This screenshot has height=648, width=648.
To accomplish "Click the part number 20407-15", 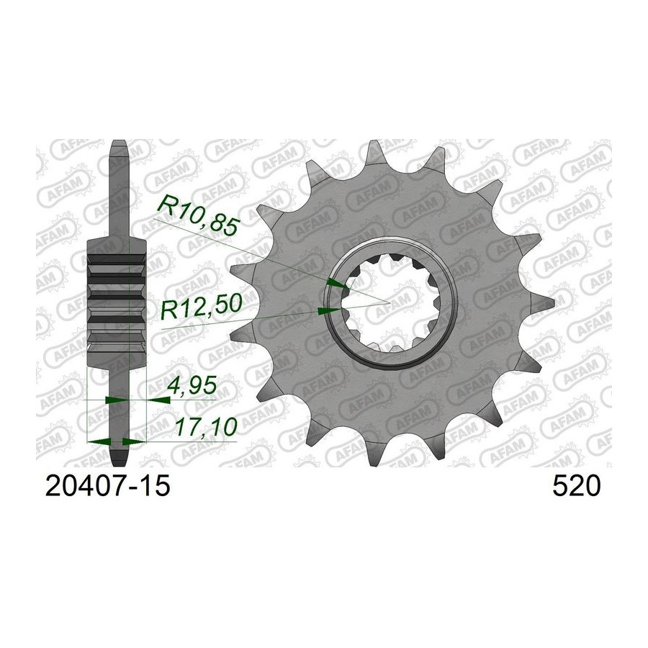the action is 108,486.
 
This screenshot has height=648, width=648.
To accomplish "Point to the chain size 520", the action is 576,486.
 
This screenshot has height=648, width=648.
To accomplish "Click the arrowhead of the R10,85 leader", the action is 337,284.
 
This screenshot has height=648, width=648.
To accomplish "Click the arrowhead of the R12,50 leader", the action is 328,311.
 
